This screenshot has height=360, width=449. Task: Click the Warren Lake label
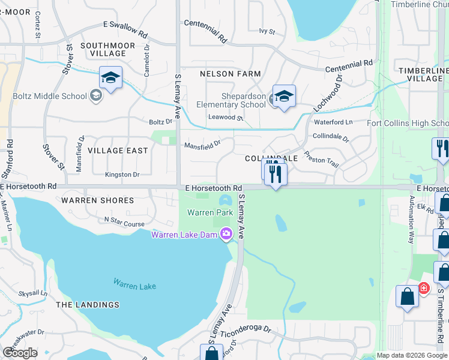point(134,286)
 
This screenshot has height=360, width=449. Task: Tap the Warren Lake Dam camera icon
point(226,233)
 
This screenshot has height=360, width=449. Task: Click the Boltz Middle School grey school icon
point(95,95)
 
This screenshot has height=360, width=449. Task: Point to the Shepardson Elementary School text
point(231,100)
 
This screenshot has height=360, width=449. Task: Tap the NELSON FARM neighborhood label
point(231,74)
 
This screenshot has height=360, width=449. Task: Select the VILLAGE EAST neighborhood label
point(118,150)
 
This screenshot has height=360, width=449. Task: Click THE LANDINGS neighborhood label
point(88,305)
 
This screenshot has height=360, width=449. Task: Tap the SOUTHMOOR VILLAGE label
point(103,49)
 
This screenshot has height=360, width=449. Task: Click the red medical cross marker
point(424,288)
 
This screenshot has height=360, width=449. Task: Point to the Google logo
point(20,353)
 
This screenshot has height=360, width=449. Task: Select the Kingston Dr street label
point(122,175)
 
